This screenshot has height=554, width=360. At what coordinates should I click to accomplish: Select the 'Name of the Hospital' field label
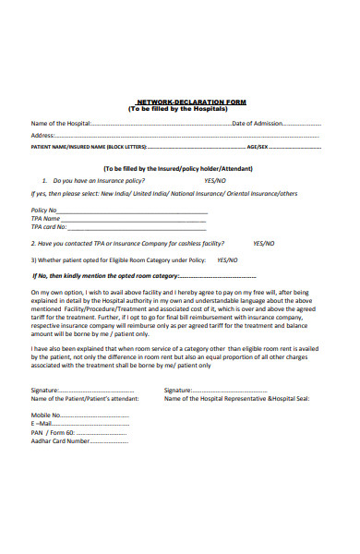(x=61, y=124)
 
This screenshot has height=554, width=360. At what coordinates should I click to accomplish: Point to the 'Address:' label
(x=42, y=135)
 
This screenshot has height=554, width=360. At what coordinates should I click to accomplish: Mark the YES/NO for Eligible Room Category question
(x=227, y=259)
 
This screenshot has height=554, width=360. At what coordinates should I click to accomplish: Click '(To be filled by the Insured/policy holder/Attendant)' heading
(x=189, y=169)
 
